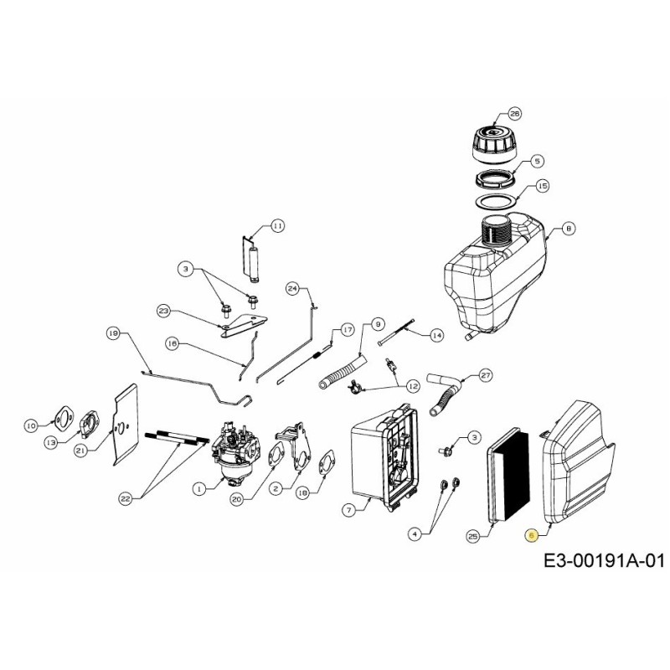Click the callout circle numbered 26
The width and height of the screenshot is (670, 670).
[x=514, y=114]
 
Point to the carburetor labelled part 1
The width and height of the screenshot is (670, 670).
[x=231, y=453]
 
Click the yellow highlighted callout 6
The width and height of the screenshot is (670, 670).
[x=531, y=536]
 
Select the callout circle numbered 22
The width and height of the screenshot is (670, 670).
[x=126, y=498]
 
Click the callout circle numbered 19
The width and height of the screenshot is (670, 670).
[x=113, y=333]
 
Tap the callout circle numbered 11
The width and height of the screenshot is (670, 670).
[x=277, y=225]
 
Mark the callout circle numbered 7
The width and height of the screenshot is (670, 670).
[x=350, y=508]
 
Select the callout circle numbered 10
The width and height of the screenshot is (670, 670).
[x=31, y=425]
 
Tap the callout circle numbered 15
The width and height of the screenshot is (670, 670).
[x=543, y=186]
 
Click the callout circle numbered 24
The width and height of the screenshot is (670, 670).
[x=292, y=289]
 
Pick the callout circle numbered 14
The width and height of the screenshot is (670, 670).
[x=436, y=335]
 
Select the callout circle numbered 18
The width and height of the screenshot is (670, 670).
[x=302, y=493]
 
